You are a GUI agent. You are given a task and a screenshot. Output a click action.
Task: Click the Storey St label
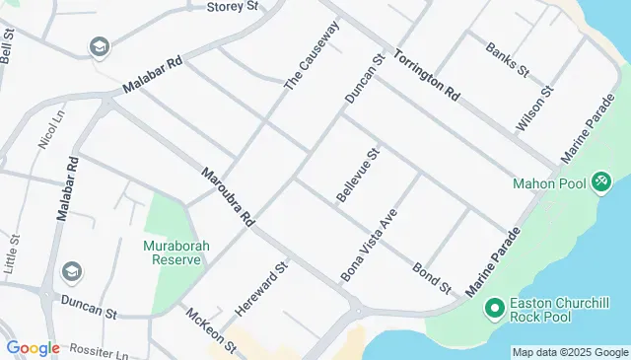point(232,7)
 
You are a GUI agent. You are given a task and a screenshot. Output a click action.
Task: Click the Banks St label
point(508,58)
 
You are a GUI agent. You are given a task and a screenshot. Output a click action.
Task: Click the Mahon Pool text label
point(549,182)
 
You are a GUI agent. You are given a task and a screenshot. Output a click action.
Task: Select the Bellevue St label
point(358,177)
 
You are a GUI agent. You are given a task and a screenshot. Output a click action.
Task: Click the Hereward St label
point(260,289)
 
